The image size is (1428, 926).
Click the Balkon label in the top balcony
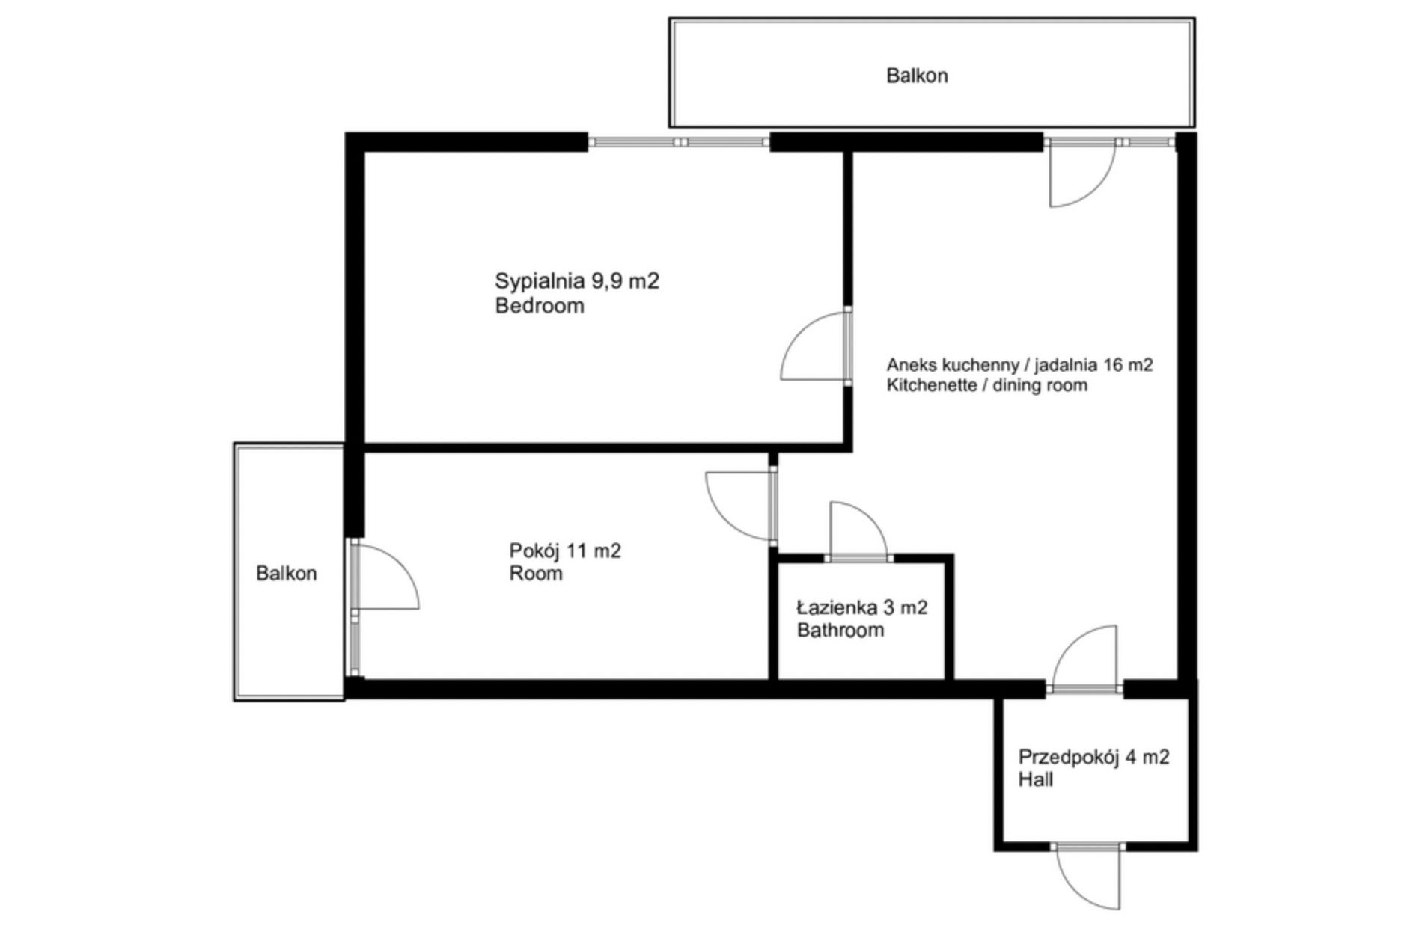point(916,76)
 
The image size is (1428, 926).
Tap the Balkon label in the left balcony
point(286,573)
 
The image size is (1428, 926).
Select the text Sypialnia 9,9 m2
point(577,282)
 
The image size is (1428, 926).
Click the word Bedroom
point(540,305)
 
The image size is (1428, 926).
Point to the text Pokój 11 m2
point(565,551)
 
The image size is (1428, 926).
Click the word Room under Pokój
point(536,574)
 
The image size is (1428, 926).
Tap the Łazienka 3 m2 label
point(862,607)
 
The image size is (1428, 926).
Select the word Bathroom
point(840,630)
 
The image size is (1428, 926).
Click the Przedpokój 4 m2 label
point(1093,757)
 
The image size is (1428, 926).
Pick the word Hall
point(1035,779)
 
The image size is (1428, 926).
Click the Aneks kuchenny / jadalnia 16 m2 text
point(1019,365)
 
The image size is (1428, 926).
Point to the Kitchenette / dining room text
point(986,385)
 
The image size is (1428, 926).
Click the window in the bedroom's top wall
point(679,141)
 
